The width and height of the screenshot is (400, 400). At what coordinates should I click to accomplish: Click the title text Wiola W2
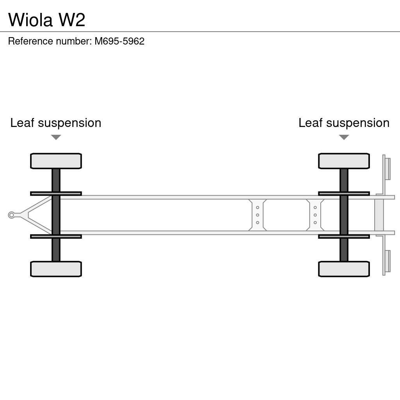click(46, 20)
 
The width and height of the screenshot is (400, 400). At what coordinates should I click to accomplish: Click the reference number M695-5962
click(119, 41)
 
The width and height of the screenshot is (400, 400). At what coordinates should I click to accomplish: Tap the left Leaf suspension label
click(55, 123)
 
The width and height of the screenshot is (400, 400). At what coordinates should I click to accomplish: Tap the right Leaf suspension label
click(344, 123)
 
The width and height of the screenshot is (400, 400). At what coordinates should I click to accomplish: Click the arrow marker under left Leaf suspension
click(56, 137)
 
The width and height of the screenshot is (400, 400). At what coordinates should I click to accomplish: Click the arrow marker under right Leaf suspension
click(344, 137)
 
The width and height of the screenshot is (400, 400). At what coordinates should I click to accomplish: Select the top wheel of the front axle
click(56, 161)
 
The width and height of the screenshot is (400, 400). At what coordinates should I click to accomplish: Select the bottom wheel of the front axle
click(56, 269)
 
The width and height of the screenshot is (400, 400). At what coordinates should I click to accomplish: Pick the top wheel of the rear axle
click(344, 161)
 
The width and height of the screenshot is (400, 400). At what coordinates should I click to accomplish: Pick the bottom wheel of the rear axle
click(344, 269)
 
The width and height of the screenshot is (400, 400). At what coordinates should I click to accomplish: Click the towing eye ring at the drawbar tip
click(11, 215)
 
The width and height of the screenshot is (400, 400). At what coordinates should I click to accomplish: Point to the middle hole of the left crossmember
click(257, 215)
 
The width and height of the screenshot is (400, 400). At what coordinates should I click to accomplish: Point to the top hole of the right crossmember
click(315, 207)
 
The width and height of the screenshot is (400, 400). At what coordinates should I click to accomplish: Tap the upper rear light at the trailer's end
click(387, 169)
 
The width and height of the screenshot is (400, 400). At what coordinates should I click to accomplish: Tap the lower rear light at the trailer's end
click(387, 261)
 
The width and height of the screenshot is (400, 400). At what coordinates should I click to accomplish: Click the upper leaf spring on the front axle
click(56, 193)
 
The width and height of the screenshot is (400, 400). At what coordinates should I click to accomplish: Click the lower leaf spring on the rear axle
click(344, 236)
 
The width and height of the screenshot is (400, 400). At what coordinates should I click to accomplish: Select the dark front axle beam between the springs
click(56, 215)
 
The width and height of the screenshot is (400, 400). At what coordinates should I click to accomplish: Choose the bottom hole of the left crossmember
click(257, 223)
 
